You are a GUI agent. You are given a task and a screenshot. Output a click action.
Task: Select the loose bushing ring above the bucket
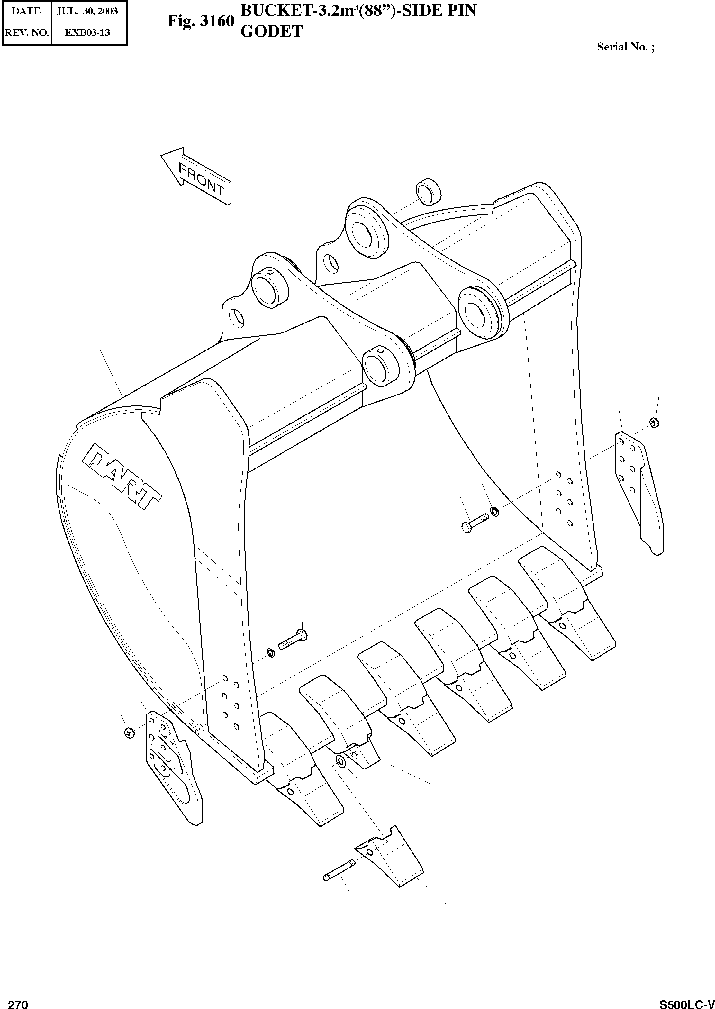tap(428, 192)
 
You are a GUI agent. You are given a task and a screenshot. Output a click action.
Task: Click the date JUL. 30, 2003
tap(87, 11)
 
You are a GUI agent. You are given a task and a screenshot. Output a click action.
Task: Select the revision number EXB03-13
tap(87, 32)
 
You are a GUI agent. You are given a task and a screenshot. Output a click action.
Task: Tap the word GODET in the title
tap(271, 31)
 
